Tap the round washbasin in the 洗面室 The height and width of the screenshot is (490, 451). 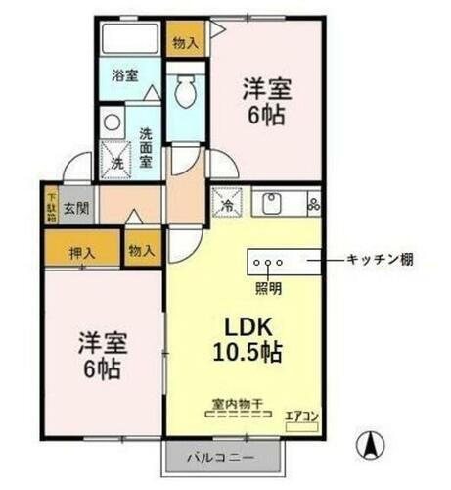click(x=112, y=123)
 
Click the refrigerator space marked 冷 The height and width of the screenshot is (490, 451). click(x=224, y=207)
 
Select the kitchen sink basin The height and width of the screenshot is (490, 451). click(x=271, y=205)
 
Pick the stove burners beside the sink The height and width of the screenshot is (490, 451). click(x=313, y=205)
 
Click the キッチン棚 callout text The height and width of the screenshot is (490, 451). click(x=380, y=260)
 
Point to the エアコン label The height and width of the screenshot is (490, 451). click(x=299, y=416)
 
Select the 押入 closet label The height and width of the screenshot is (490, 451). click(x=82, y=253)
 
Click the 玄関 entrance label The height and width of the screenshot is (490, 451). click(x=76, y=207)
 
